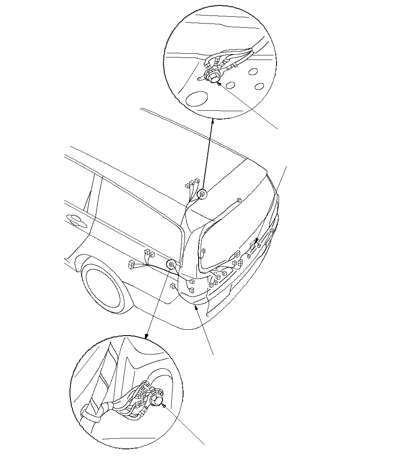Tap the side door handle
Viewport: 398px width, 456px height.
click(75, 219)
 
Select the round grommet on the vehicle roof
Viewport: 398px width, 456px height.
click(202, 194)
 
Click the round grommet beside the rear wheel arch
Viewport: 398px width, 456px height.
click(171, 265)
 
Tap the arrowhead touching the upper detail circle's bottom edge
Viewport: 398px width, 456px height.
click(213, 121)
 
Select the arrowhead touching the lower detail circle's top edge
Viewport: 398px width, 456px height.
click(146, 336)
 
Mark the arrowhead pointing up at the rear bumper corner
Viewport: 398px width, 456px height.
click(196, 307)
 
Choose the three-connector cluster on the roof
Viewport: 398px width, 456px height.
click(191, 183)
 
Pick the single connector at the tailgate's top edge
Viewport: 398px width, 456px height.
click(239, 201)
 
